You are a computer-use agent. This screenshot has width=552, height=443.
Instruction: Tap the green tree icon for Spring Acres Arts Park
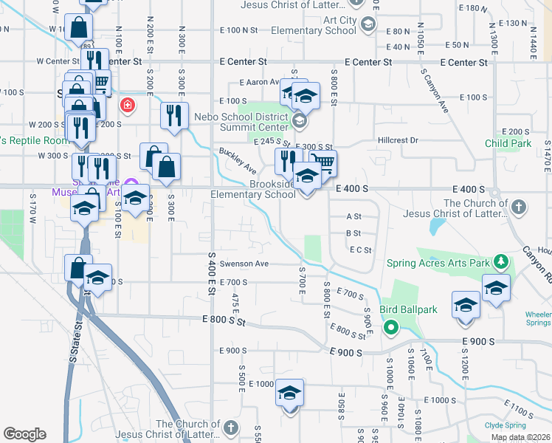point(501,261)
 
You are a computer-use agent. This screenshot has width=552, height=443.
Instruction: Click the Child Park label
point(508,143)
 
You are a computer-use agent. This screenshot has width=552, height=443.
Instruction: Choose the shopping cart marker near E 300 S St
point(322,162)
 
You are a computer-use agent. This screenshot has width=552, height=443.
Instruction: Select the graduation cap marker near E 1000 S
point(290,392)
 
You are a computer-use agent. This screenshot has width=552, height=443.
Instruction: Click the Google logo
point(24,434)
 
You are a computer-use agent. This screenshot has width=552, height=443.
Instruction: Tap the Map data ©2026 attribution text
point(520,438)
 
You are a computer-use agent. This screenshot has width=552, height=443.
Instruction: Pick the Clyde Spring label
point(506,425)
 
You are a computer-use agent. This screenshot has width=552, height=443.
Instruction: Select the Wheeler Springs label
point(538,318)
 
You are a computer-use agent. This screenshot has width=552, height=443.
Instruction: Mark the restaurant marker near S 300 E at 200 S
point(174,116)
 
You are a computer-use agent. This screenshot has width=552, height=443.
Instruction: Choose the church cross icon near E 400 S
point(519,207)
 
